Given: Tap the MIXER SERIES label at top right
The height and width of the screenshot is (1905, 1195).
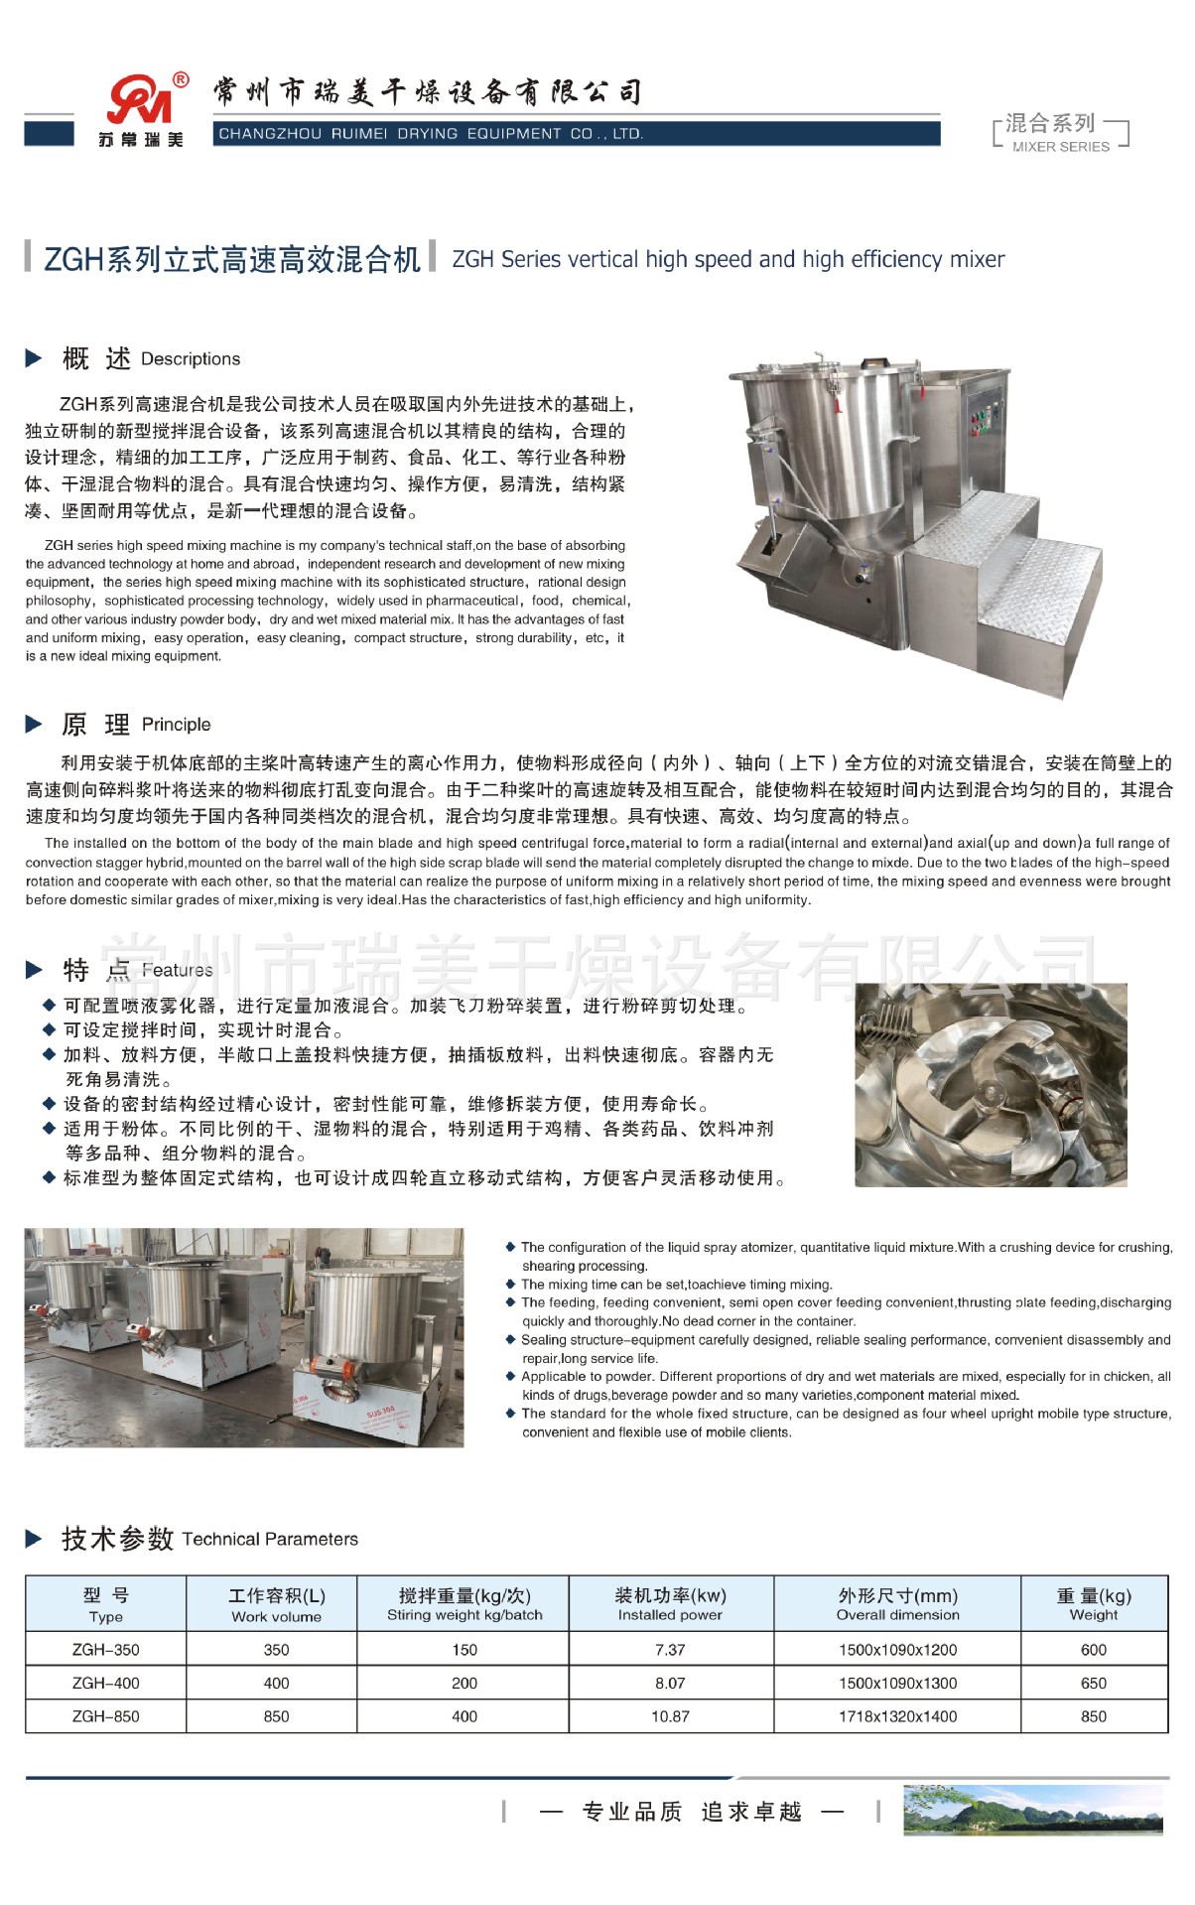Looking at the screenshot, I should pos(1060,146).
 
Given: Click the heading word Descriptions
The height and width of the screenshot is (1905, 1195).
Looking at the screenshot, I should pos(191,359).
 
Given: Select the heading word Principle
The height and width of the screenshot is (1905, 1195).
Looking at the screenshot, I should pos(176,725).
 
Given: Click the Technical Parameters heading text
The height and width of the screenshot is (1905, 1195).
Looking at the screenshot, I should pos(270,1539).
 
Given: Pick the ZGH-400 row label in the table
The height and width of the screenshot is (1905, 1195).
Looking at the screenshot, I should pos(106,1683).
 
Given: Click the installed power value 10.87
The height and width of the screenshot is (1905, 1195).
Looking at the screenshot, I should pos(670,1716).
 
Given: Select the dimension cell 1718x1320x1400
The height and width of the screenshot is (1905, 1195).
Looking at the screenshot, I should pos(897,1716).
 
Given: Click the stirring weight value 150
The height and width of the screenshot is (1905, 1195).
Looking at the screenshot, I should pos(465,1650).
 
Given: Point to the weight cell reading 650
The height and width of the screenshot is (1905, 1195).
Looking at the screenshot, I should pos(1093,1683).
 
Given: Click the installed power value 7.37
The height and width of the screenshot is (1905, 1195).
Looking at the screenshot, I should pos(670,1650).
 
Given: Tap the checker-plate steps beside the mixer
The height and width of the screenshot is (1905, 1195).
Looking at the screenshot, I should pos(1002,566).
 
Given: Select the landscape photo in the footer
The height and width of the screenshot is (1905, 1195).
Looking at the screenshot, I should pos(1032,1810).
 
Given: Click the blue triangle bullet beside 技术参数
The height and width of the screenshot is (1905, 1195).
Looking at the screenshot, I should pos(34,1539).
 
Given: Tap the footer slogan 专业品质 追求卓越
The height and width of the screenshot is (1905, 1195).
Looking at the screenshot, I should pos(692,1812).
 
